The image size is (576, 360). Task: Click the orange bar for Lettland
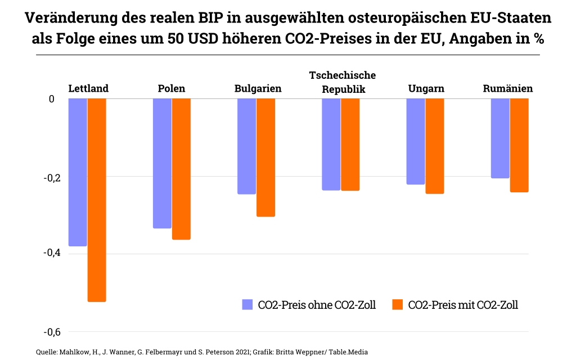point(97,200)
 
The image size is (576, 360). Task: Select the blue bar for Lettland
point(78,172)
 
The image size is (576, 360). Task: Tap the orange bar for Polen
point(181,169)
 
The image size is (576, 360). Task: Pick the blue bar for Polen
point(162,163)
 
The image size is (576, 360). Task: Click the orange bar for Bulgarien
point(265,157)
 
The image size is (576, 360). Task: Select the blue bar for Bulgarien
point(246,146)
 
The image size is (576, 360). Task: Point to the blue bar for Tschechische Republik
point(331,144)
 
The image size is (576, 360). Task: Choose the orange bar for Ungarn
point(435,146)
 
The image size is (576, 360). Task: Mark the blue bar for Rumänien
point(500,138)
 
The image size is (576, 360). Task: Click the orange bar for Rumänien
point(519,145)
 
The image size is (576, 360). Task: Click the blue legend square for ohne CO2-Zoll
point(247,305)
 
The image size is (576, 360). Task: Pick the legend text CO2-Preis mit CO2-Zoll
point(462,305)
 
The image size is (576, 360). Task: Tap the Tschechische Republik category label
point(343,82)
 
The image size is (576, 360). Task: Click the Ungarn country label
point(426,88)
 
